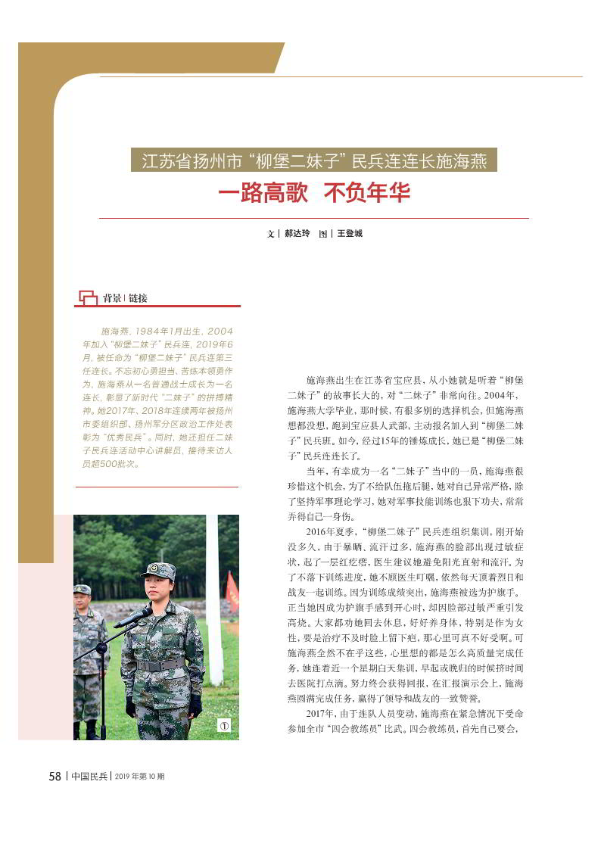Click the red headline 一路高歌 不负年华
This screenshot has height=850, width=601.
tap(313, 194)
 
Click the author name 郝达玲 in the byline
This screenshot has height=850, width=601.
tap(297, 234)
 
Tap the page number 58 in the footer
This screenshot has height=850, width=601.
tap(54, 777)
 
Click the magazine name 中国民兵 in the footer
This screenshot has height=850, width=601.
tap(89, 777)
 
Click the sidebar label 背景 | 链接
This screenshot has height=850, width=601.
tap(125, 298)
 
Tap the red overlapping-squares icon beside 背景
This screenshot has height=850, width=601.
tap(89, 297)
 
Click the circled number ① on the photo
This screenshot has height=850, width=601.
tap(224, 726)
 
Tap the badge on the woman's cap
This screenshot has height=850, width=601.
tap(161, 568)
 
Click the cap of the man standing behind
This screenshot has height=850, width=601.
tap(82, 590)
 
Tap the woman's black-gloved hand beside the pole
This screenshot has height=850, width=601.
tap(195, 706)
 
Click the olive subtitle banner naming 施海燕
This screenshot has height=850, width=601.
tap(313, 160)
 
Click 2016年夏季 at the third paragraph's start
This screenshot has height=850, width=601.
tap(333, 532)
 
